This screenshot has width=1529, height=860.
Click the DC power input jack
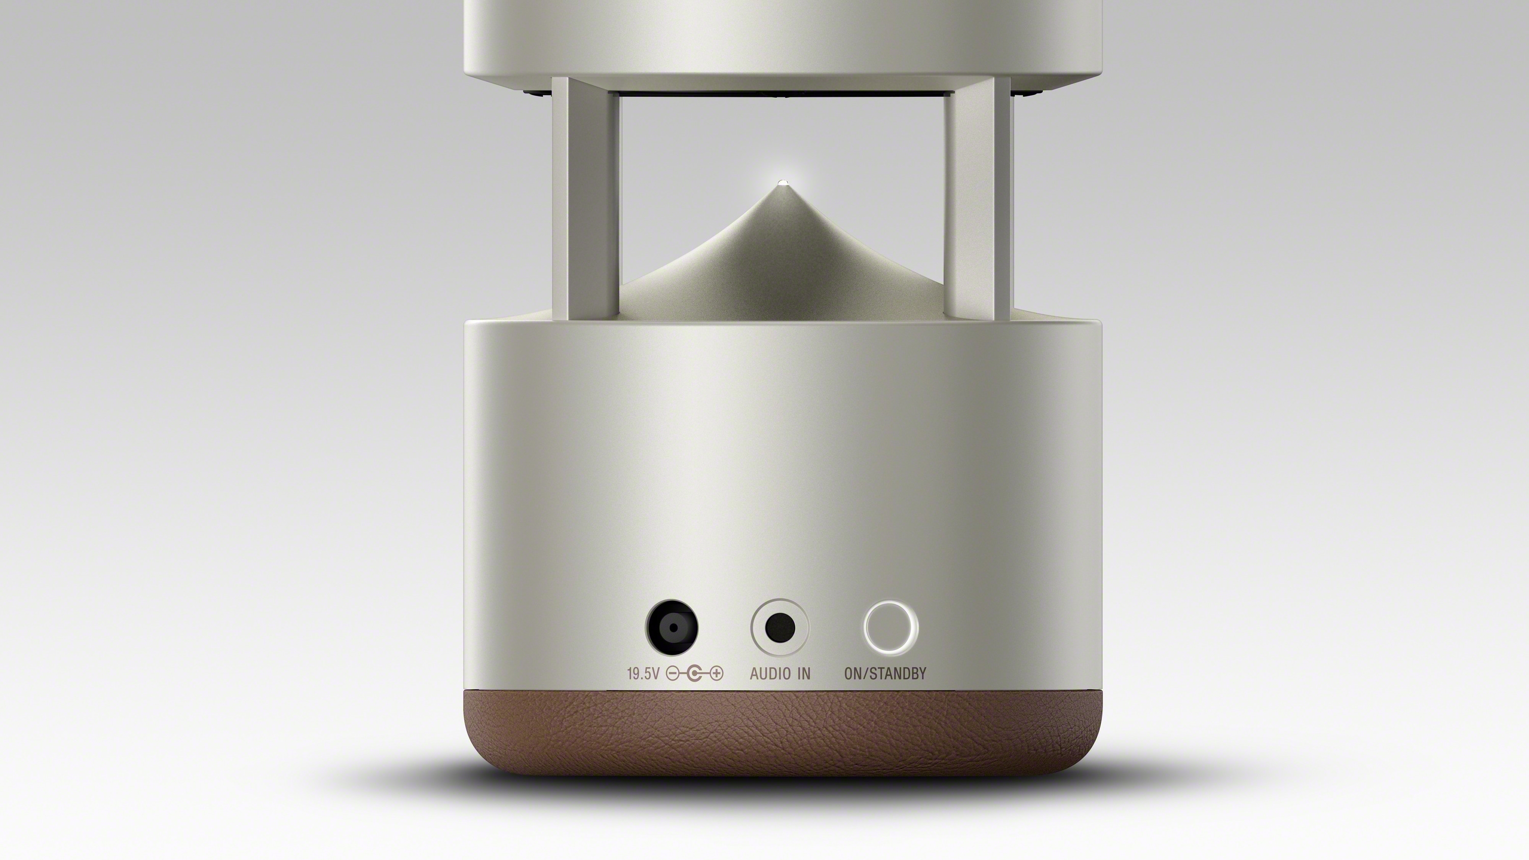click(x=671, y=627)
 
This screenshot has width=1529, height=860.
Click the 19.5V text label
click(x=643, y=674)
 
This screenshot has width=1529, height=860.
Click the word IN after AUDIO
click(x=804, y=674)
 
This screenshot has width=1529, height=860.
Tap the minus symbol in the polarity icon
click(x=672, y=674)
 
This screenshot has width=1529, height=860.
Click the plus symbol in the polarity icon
click(x=717, y=674)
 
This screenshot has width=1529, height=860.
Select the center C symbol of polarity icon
click(x=695, y=674)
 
